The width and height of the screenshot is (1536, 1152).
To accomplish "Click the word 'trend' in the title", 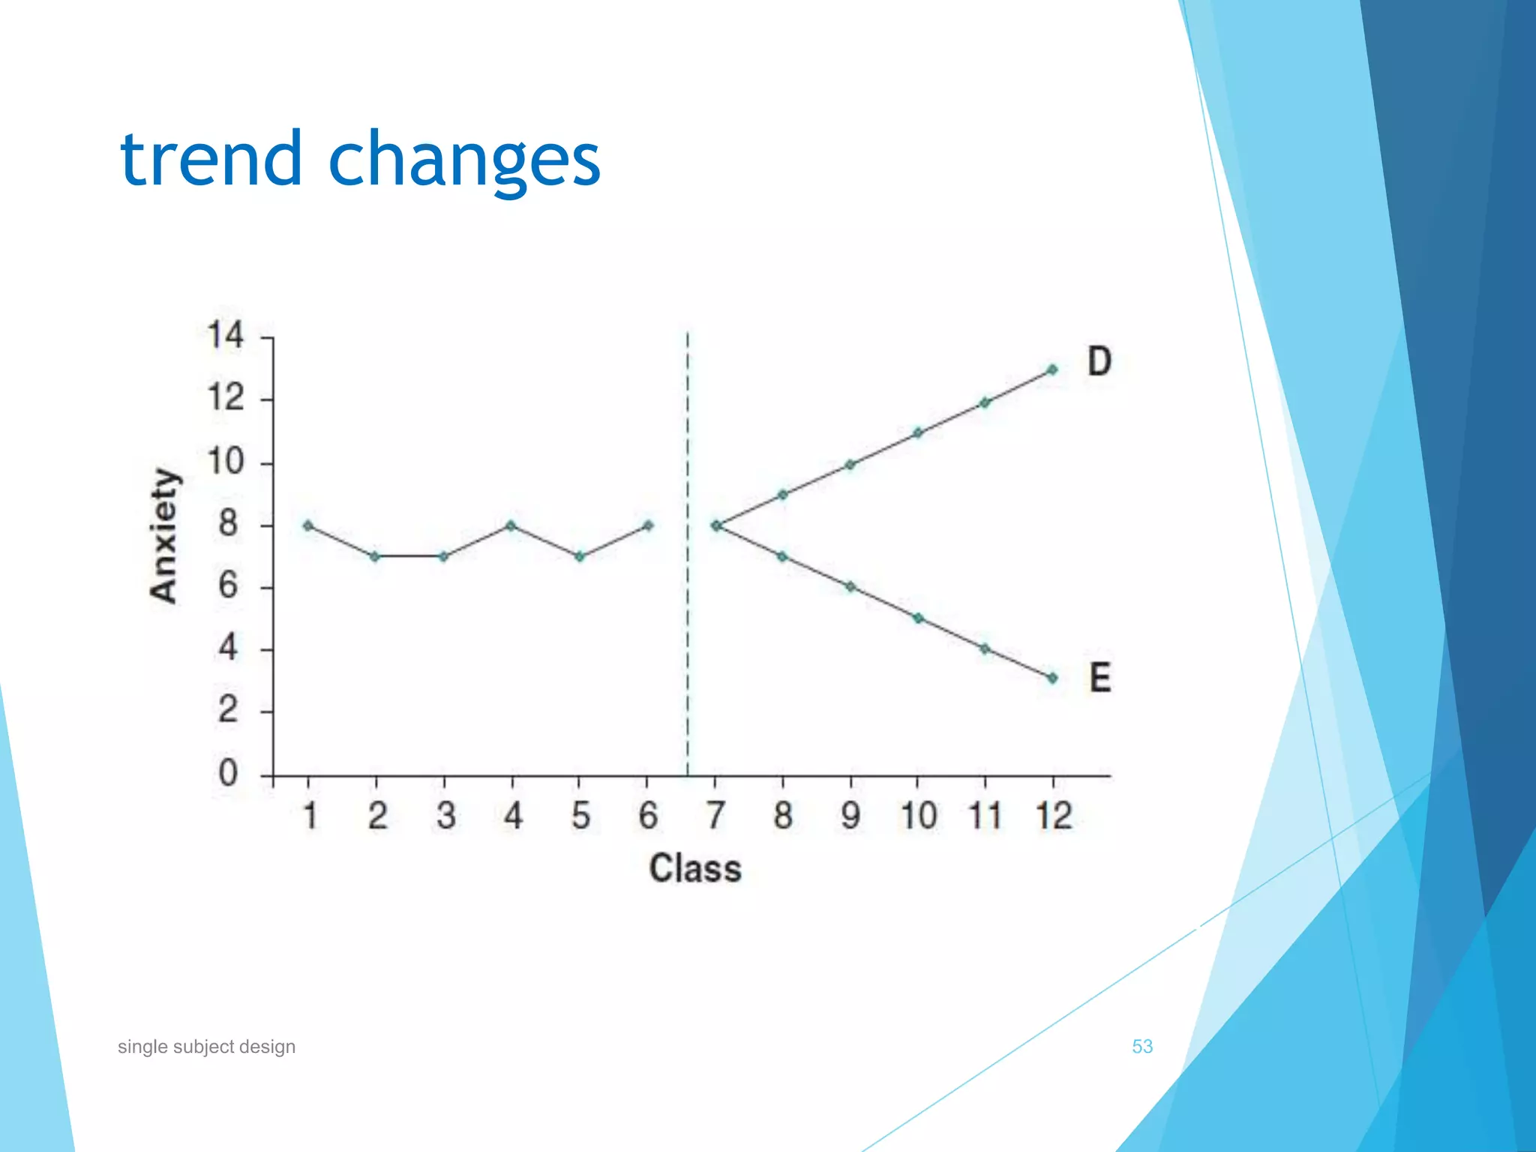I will pos(210,159).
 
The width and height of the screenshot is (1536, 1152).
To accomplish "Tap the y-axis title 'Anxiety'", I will pos(164,535).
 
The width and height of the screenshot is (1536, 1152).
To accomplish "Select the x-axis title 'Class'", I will pos(695,868).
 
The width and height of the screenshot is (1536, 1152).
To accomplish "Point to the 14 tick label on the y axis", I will pos(226,335).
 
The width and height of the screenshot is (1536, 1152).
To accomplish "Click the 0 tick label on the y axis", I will pos(228,773).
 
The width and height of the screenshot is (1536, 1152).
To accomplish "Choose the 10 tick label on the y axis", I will pos(226,461).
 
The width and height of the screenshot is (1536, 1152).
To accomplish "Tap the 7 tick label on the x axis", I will pos(715,815).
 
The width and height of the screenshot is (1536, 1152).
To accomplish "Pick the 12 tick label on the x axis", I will pos(1054,815).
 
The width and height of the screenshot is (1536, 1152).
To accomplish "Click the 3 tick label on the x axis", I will pos(445,815).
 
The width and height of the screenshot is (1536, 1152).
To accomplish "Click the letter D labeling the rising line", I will pos(1099,361).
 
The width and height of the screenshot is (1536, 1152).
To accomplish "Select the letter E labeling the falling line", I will pos(1099,678).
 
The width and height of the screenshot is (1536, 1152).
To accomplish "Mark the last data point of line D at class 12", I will pos(1052,370).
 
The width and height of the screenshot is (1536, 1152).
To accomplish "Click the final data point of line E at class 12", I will pos(1052,678).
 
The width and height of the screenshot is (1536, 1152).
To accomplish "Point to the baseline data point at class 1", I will pos(308,526).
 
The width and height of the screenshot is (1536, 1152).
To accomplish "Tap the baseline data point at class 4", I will pos(511,526).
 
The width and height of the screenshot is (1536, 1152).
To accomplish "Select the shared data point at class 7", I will pos(716,526).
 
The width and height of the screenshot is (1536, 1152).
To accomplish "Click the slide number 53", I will pos(1141,1046).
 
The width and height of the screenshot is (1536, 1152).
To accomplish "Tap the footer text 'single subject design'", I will pos(206,1046).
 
